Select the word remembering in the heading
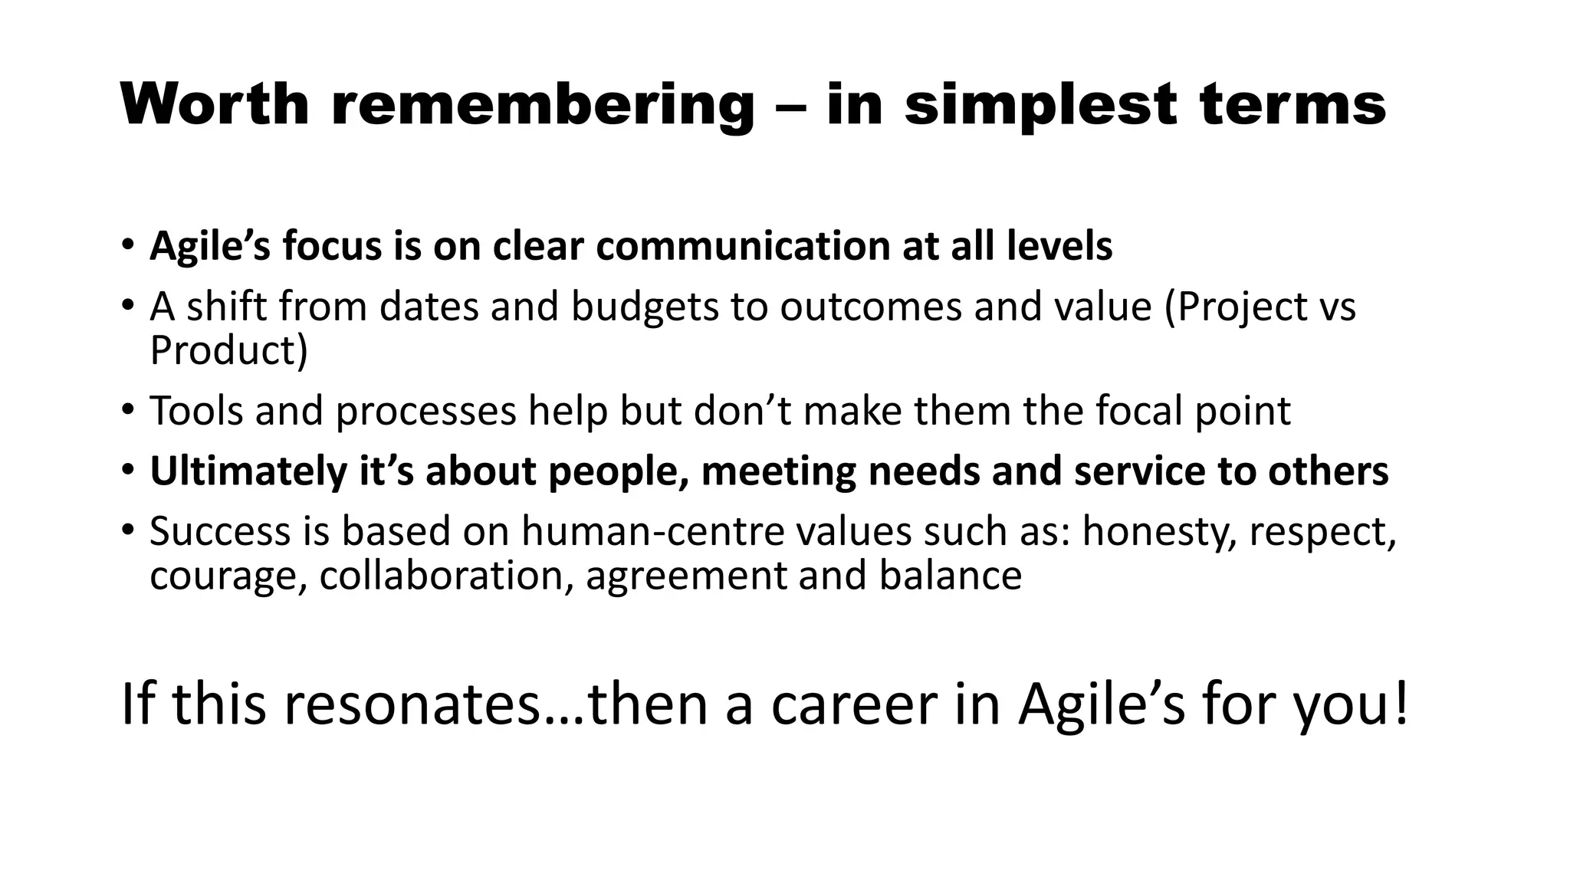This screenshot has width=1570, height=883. pos(543,105)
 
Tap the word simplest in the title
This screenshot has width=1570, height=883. pos(1040,105)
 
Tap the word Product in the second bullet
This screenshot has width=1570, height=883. pos(228,350)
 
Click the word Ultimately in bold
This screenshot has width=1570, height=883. pos(248,471)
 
